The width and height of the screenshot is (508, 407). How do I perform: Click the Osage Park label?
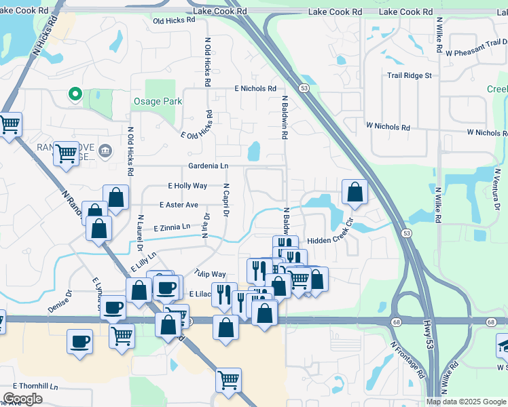click(x=157, y=102)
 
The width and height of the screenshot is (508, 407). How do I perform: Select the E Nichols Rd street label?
click(x=255, y=89)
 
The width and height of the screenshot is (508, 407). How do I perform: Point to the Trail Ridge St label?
click(x=410, y=75)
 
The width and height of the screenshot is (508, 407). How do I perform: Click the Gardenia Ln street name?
click(x=208, y=166)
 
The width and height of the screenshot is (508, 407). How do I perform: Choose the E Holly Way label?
click(x=187, y=186)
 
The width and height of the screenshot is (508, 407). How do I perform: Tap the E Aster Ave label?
click(x=179, y=205)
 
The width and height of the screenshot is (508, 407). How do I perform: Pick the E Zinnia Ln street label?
click(x=172, y=228)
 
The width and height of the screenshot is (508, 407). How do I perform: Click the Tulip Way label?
click(x=209, y=274)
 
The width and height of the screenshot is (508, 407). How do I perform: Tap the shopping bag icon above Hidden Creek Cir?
click(x=355, y=192)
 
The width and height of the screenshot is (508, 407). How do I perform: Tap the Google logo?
click(x=22, y=399)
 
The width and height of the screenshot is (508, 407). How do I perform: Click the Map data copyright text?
click(x=465, y=402)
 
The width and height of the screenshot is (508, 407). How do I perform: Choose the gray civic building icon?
click(x=105, y=150)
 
